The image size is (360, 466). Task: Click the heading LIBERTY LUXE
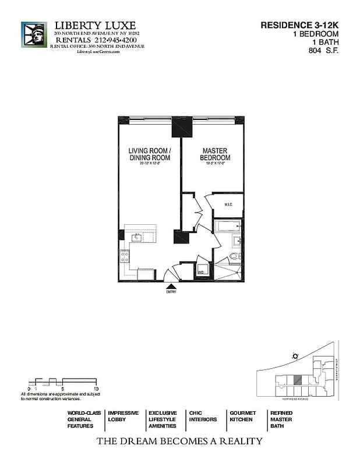[95, 26]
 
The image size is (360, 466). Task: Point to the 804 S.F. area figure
[324, 51]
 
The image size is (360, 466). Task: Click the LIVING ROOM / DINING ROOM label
[149, 154]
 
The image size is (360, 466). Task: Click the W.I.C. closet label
[228, 204]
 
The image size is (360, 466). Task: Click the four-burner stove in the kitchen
[124, 255]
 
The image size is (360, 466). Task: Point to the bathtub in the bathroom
[227, 226]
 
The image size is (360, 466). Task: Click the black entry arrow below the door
[171, 285]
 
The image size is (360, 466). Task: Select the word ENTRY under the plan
[171, 292]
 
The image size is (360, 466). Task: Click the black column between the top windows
[181, 126]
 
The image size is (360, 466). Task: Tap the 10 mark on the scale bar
[96, 389]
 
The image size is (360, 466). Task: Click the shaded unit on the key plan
[298, 379]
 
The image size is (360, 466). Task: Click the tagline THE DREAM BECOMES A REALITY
[179, 441]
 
